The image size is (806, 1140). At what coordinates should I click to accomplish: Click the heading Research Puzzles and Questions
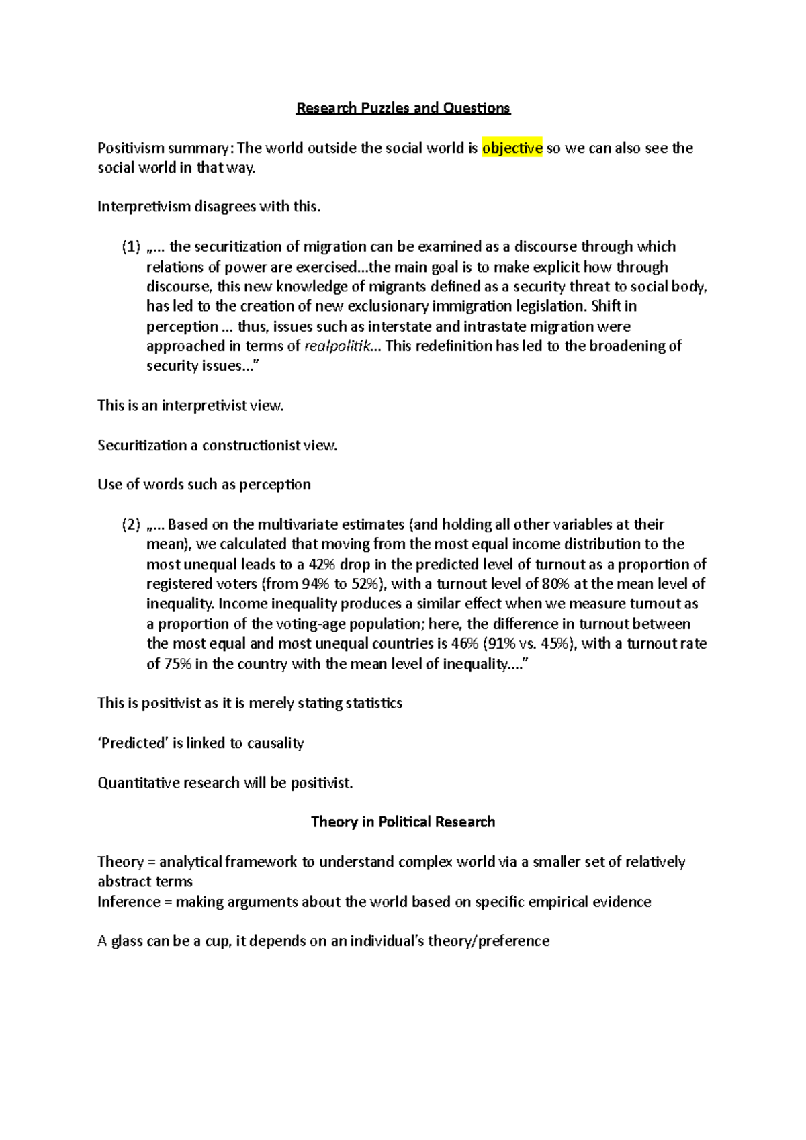(x=403, y=108)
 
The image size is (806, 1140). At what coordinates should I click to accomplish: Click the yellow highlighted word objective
(x=512, y=148)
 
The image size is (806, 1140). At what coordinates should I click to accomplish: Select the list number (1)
(x=131, y=246)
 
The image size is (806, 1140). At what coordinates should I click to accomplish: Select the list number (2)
(x=131, y=524)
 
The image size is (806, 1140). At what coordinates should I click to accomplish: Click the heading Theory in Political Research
(x=403, y=822)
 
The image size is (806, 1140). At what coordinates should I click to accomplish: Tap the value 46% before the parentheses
(x=465, y=643)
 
